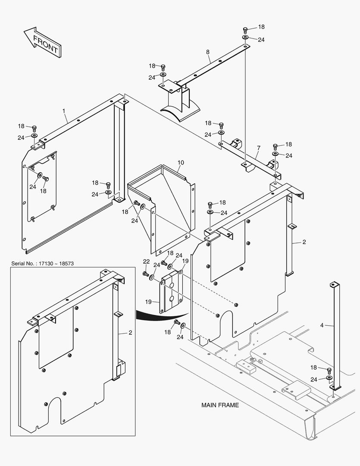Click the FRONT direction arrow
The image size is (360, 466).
[42, 43]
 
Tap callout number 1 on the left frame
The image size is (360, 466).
[64, 111]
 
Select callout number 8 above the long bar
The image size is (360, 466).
[208, 52]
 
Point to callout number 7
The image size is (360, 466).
[258, 148]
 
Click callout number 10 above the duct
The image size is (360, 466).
[181, 162]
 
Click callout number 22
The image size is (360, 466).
[146, 261]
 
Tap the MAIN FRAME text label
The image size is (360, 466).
[220, 405]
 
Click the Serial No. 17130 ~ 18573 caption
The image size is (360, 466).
[42, 263]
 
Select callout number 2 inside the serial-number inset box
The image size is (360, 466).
[130, 333]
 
